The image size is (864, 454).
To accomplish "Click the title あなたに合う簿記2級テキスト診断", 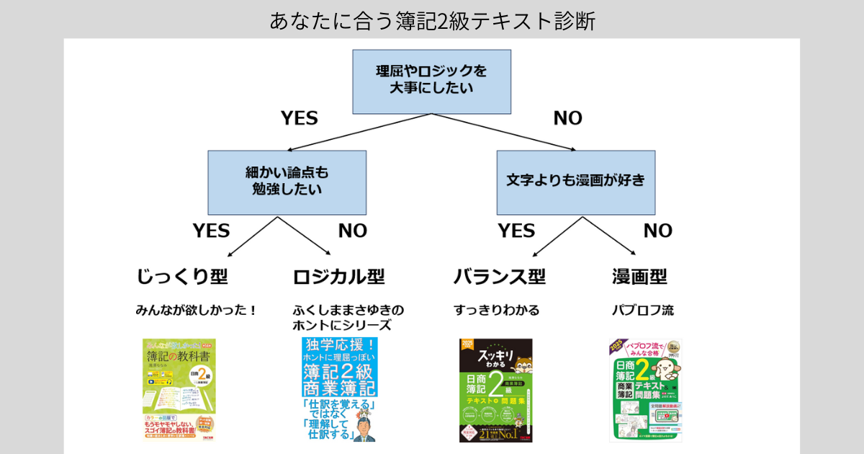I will [x=432, y=20].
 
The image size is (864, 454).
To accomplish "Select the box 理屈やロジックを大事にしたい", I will [x=431, y=81].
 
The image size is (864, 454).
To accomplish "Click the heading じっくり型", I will [x=182, y=277].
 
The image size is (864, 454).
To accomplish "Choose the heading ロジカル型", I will [x=338, y=277].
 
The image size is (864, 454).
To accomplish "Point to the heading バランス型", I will [x=499, y=277].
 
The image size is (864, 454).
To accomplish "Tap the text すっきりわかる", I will [x=496, y=311].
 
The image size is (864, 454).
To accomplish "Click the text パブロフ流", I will [x=642, y=311].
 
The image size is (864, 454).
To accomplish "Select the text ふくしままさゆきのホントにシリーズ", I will [x=348, y=318].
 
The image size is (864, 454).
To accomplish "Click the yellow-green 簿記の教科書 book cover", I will [x=179, y=389].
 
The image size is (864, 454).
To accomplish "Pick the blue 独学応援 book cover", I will [x=339, y=389].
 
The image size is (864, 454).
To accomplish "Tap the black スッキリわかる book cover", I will [x=495, y=390].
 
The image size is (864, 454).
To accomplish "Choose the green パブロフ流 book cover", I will [x=645, y=390].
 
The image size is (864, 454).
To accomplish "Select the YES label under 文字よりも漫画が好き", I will [x=516, y=231].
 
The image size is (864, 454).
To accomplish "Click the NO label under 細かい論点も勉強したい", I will [x=353, y=231].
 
